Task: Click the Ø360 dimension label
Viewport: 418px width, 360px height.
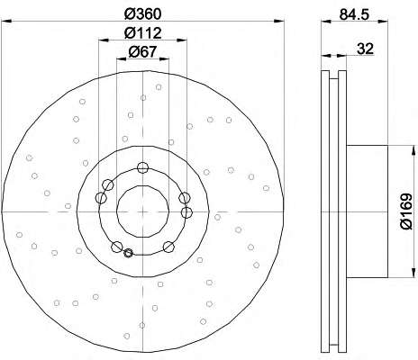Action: click(x=143, y=14)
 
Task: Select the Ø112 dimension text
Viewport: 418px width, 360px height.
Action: click(x=143, y=32)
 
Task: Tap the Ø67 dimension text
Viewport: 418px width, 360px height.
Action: click(x=142, y=52)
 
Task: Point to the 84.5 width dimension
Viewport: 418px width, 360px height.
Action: click(x=354, y=14)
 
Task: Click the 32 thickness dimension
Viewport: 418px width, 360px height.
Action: click(x=365, y=49)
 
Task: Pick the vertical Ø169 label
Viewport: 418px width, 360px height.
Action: click(x=406, y=211)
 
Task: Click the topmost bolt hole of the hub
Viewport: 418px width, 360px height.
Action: click(x=142, y=167)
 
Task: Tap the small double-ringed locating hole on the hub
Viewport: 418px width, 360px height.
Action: click(x=128, y=253)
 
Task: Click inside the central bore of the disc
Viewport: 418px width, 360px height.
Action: click(x=142, y=211)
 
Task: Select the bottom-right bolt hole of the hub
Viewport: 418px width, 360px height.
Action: click(x=168, y=247)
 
